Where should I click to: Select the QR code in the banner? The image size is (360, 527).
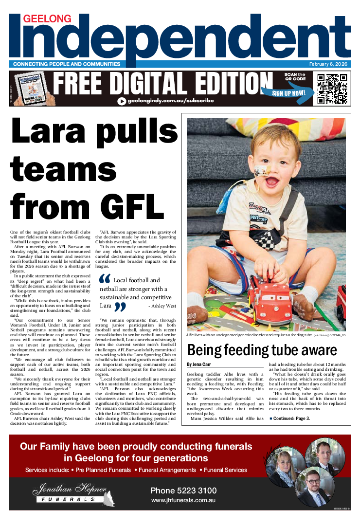(332, 89)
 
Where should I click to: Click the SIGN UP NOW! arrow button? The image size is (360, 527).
(288, 92)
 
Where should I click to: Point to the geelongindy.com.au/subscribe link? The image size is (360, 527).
(165, 101)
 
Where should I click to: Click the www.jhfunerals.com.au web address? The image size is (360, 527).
(183, 500)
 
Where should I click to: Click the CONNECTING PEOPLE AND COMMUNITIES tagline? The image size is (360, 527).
(67, 64)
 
